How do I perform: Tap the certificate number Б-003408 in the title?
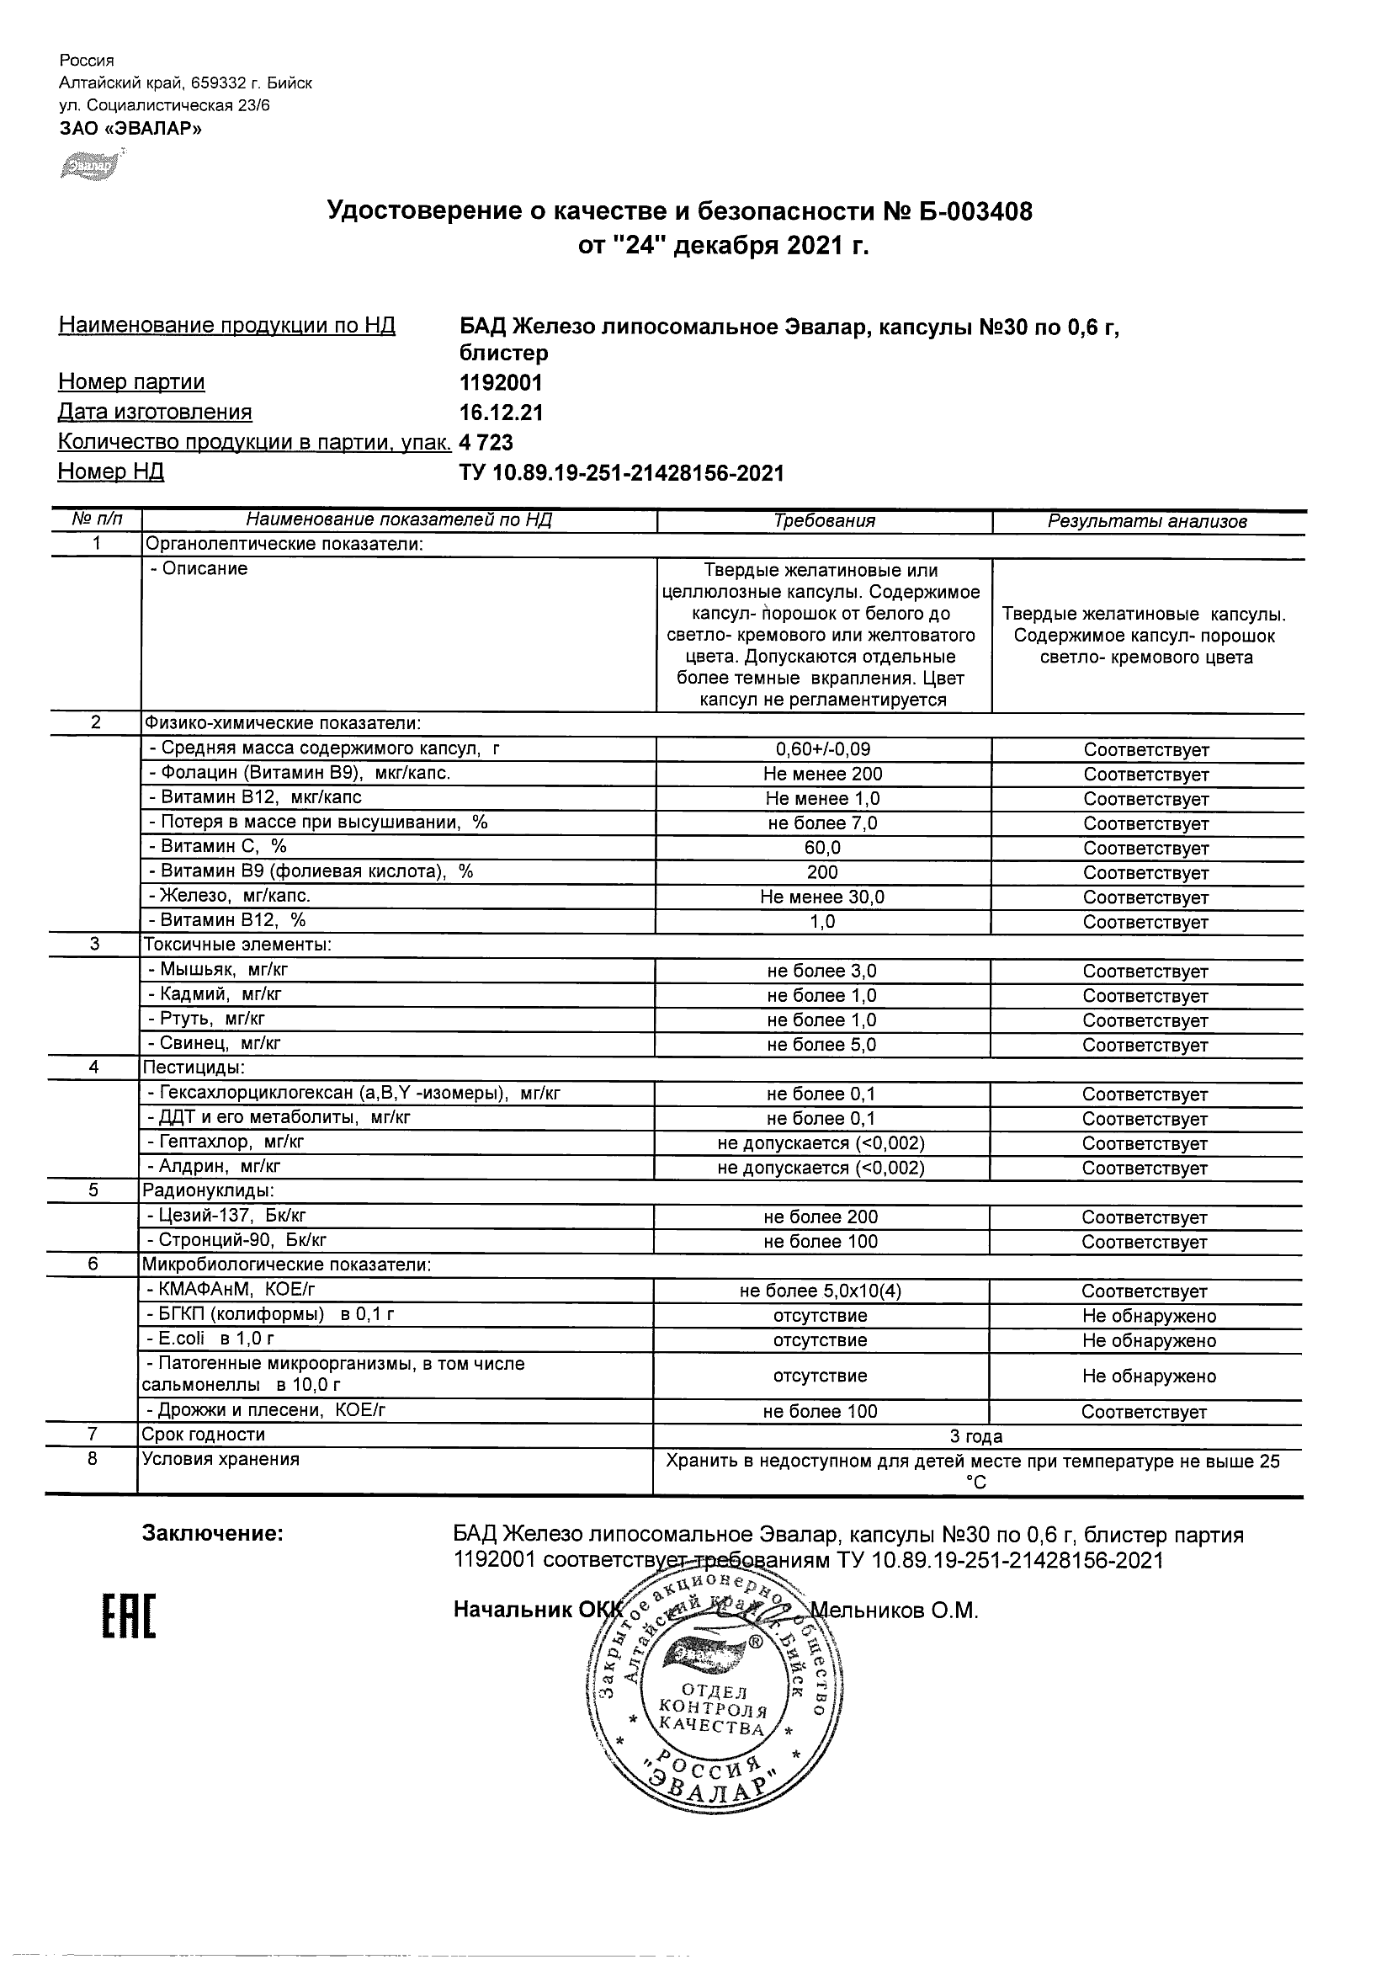coord(967,211)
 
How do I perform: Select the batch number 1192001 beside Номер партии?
coord(501,382)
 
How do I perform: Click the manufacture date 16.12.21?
coord(501,413)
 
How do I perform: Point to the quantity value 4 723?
coord(486,443)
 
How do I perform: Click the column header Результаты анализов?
coord(1147,522)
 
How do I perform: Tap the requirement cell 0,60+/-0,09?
coord(822,749)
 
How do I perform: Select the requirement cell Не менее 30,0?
coord(822,897)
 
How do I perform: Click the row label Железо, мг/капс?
coord(229,896)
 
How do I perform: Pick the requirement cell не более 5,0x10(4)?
coord(821,1291)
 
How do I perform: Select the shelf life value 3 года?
coord(976,1437)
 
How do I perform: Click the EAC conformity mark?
coord(130,1618)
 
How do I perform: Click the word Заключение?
coord(212,1533)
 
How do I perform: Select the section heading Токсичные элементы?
coord(236,945)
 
